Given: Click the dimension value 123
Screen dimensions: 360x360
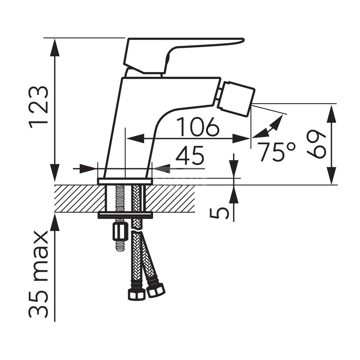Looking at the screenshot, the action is click(x=39, y=108).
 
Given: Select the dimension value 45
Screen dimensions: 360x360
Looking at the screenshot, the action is click(x=190, y=155).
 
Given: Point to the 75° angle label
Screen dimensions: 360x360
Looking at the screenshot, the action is click(x=276, y=152).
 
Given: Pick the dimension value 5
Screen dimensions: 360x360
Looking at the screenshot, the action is click(x=219, y=213).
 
